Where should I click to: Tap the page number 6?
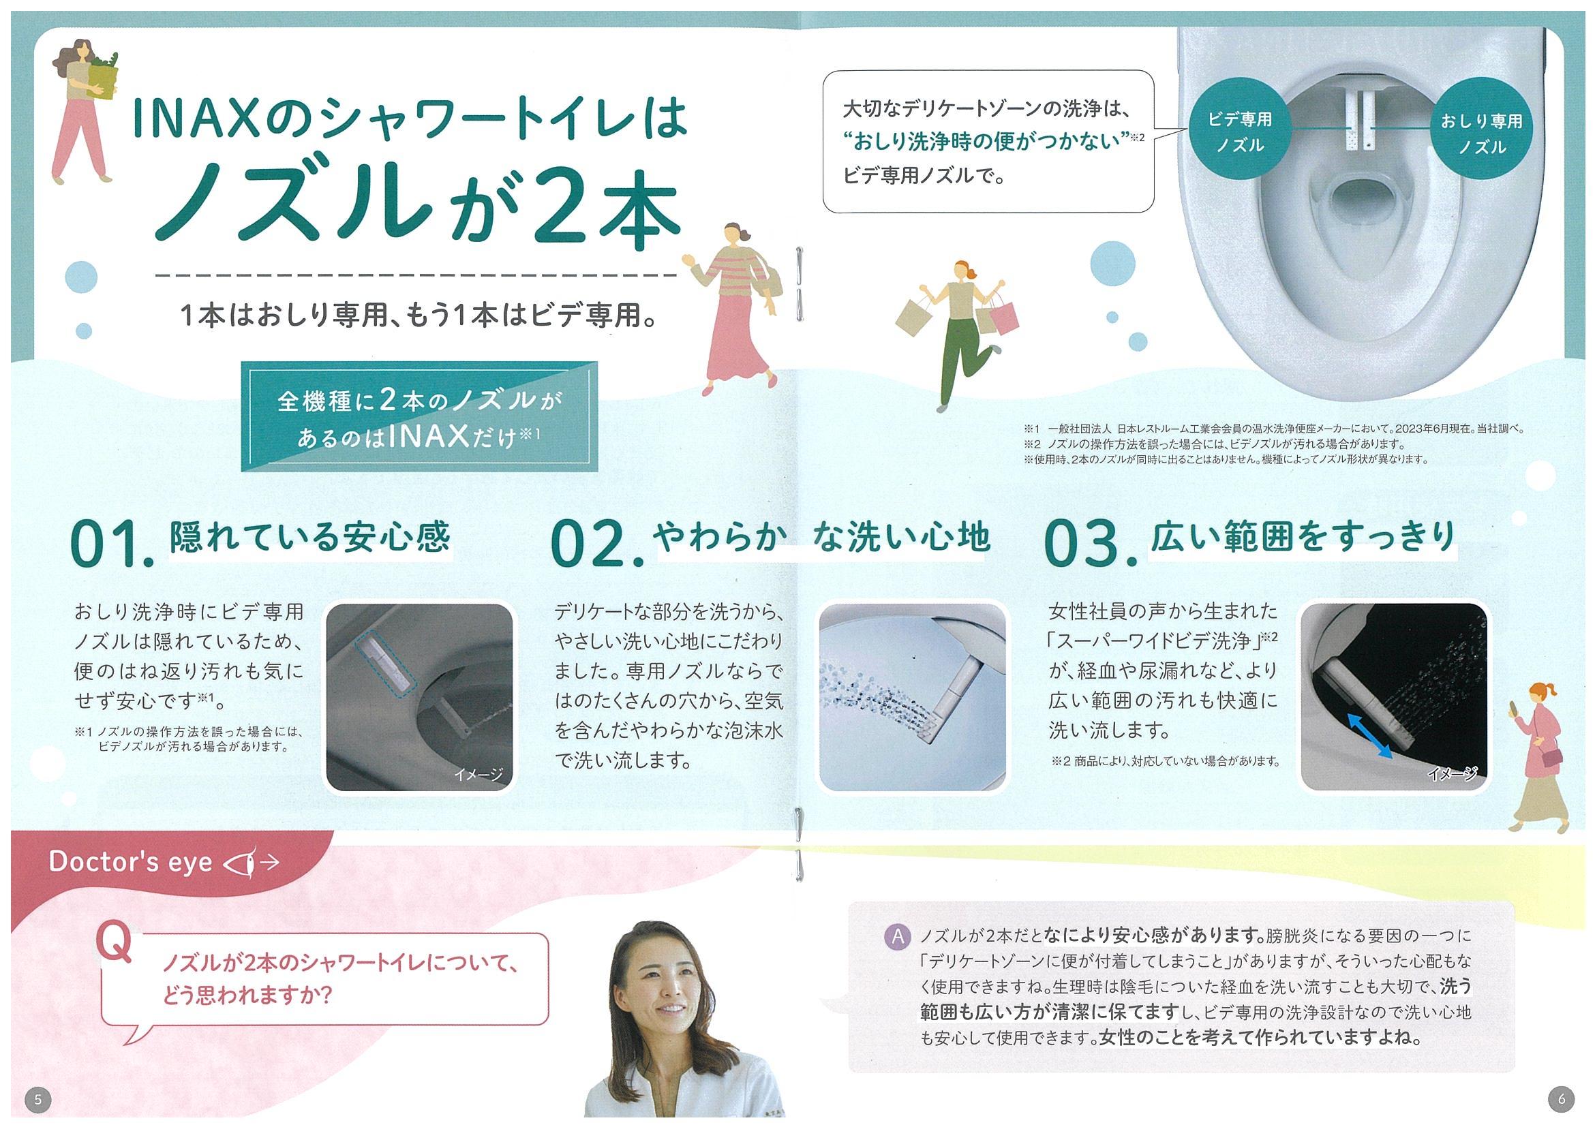coord(1561,1098)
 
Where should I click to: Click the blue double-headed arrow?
coord(1369,735)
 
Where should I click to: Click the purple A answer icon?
coord(898,937)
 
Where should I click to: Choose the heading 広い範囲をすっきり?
coord(1303,536)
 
